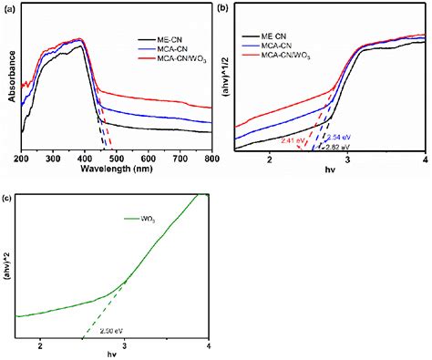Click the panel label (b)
point(226,7)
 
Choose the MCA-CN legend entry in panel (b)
point(281,45)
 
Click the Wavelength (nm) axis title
point(114,170)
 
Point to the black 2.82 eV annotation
point(339,146)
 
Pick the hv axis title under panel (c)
point(113,355)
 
